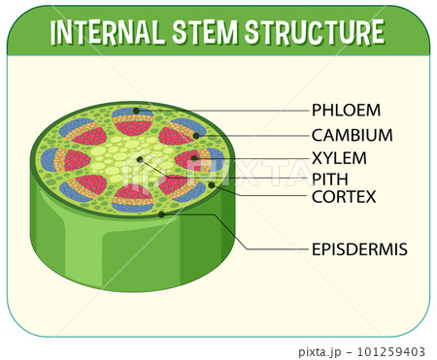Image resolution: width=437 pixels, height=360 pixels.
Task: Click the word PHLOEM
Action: coord(346,110)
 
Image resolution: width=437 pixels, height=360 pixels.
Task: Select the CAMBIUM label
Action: coord(352,135)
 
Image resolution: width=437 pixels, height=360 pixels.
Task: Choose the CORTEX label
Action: coord(343,197)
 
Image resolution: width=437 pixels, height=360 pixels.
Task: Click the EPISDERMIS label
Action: coord(358,249)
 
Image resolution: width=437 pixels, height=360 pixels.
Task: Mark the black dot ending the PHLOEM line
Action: coord(138,111)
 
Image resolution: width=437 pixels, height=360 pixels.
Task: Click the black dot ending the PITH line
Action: coord(141,159)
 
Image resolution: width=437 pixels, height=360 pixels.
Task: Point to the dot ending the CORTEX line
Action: coord(211,184)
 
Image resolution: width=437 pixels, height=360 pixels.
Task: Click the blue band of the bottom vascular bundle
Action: coord(133,206)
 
